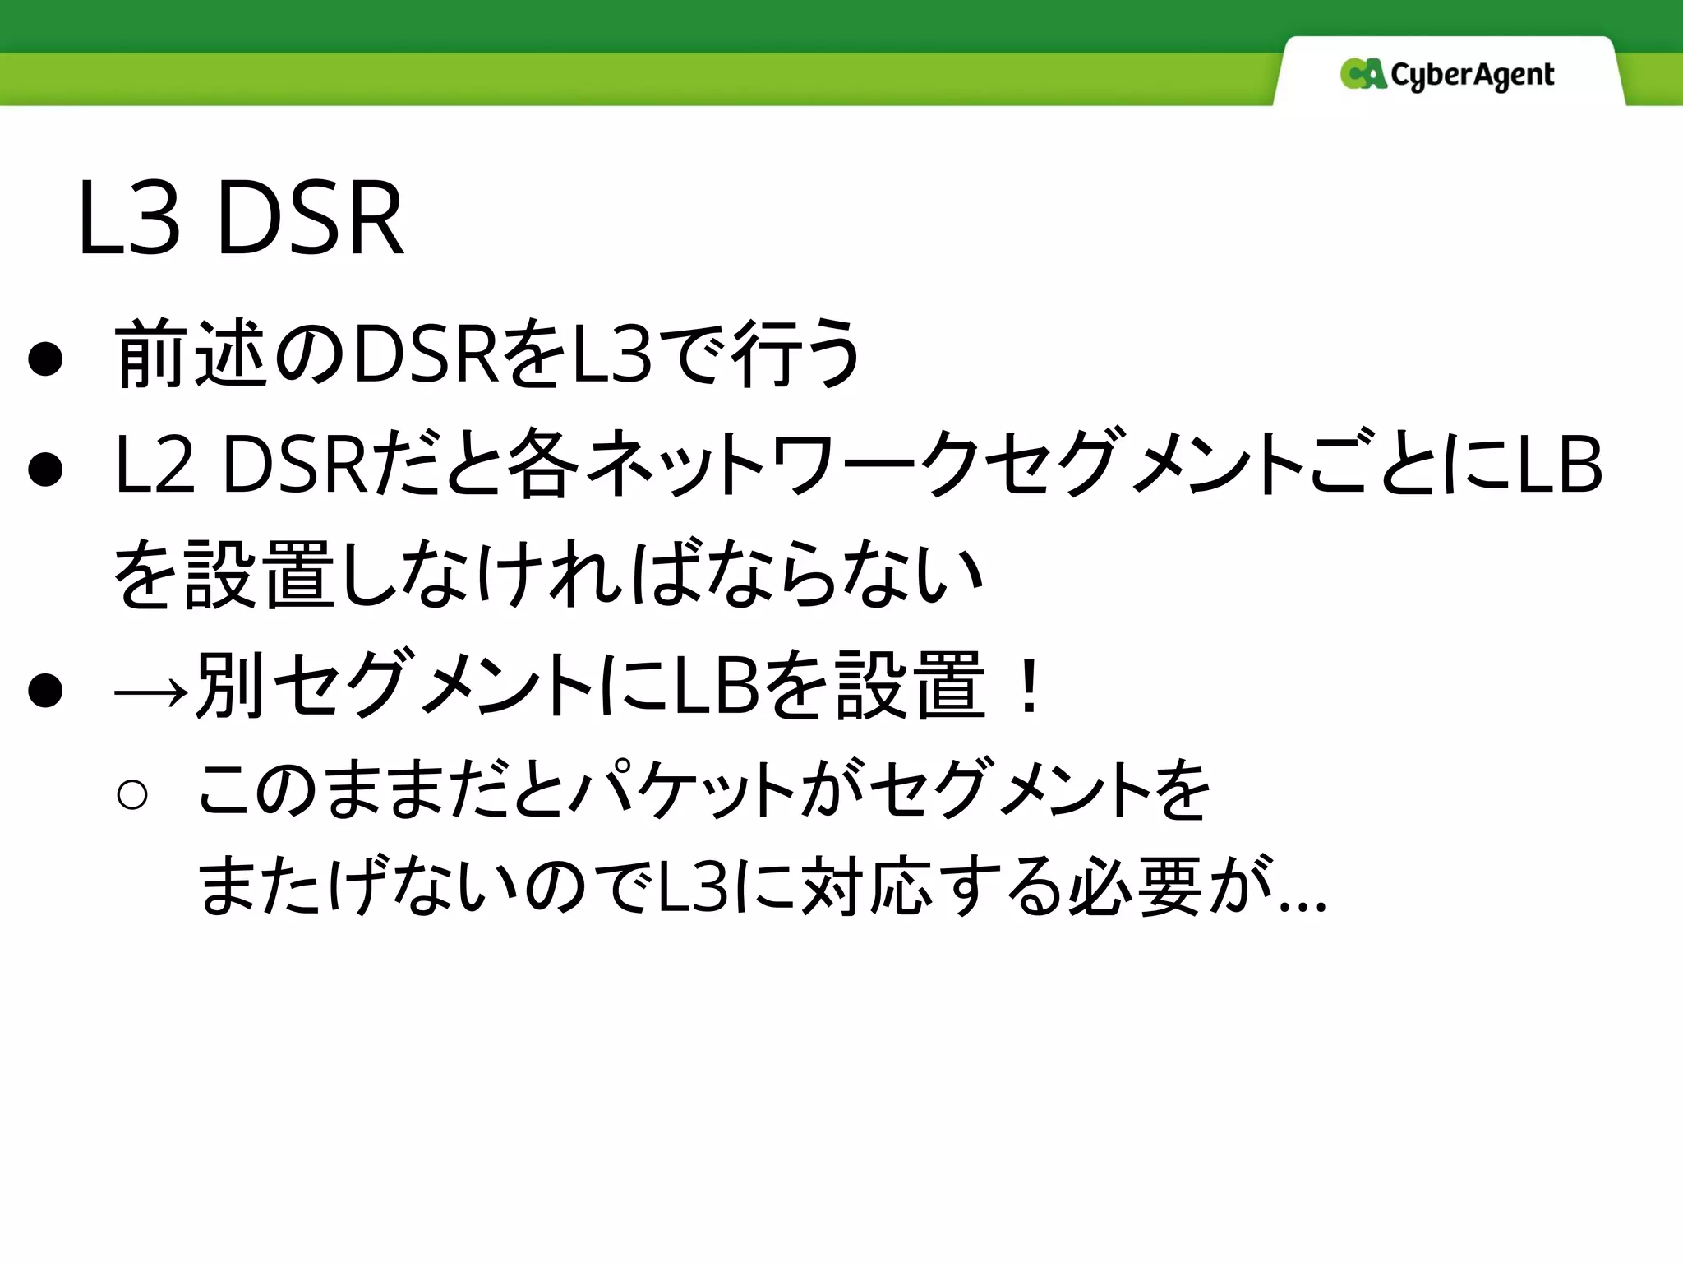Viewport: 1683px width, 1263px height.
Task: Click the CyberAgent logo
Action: tap(1447, 75)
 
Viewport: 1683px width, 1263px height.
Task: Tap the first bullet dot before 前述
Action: tap(45, 359)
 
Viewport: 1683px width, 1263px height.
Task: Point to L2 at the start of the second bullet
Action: tap(155, 465)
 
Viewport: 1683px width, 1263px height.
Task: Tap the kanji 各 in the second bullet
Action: tap(542, 465)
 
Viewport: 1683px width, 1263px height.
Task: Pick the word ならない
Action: tap(846, 575)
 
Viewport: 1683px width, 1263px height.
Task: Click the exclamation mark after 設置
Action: tap(1028, 687)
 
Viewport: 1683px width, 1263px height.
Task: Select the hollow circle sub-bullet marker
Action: tap(132, 794)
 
